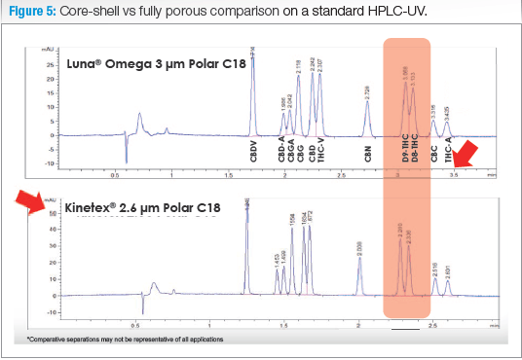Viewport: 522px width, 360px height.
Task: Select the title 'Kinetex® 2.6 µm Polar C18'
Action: point(143,208)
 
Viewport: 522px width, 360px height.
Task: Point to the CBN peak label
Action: point(368,156)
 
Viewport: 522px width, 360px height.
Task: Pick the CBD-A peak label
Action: point(282,152)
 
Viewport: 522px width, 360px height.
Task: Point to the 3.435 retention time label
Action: point(447,112)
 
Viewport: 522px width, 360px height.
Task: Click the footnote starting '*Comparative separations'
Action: point(126,339)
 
